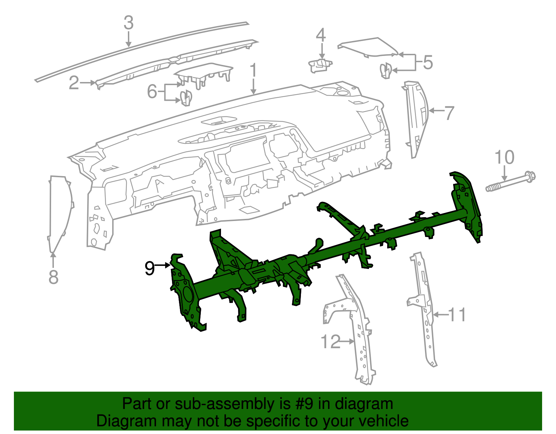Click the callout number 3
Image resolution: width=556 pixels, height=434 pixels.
coord(129,23)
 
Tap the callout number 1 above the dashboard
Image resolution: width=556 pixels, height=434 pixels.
coord(253,70)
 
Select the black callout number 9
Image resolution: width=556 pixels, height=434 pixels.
coord(149,268)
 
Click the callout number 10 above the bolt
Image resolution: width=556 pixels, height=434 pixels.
coord(504,157)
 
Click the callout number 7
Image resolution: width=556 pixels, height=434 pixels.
coord(449,113)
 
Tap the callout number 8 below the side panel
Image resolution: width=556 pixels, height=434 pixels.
coord(53,277)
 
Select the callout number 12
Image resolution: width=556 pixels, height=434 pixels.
coord(330,342)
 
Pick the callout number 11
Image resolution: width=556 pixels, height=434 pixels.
coord(457,315)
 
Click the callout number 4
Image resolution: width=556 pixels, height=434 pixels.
coord(321,35)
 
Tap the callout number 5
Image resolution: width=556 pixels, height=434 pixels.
coord(428,63)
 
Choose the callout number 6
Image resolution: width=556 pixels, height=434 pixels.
coord(152,92)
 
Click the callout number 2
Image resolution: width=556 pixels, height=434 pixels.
coord(74,83)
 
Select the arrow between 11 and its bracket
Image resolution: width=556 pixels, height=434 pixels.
coord(441,315)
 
